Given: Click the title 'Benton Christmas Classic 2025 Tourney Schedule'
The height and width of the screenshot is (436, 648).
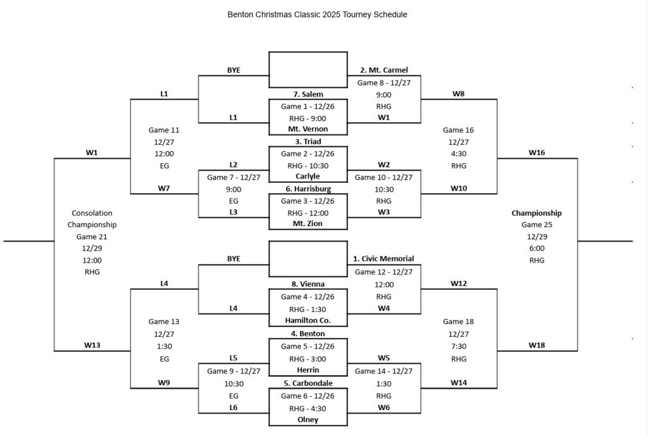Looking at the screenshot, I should [317, 15].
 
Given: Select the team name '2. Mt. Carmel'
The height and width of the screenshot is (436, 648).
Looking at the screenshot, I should [383, 70].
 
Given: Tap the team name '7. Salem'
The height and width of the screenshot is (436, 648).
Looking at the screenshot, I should [308, 94].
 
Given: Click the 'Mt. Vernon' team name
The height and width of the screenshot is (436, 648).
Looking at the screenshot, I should [308, 129].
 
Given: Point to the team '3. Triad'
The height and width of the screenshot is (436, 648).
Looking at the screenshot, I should [308, 142].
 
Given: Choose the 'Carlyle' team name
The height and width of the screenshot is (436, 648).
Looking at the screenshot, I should [308, 177].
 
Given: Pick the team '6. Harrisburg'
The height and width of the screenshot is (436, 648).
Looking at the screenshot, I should [308, 189].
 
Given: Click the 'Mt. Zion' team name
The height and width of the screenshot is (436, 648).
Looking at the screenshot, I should [308, 223].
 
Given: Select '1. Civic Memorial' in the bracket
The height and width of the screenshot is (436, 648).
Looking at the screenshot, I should [383, 259].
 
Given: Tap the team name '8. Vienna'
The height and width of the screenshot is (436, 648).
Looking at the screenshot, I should [308, 284].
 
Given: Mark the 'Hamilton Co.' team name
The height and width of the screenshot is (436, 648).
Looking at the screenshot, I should [308, 321].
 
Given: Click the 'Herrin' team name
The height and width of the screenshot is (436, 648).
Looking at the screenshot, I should [308, 370].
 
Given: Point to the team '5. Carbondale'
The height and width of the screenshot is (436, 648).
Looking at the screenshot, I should [308, 383].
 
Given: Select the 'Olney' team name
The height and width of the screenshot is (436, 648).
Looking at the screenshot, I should [308, 420].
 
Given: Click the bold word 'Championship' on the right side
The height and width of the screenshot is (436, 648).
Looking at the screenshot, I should [537, 213].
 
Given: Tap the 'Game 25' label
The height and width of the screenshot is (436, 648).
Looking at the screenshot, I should [537, 225].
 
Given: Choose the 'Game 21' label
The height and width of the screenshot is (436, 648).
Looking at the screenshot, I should [92, 237].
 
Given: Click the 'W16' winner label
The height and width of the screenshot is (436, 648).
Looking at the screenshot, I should [537, 153].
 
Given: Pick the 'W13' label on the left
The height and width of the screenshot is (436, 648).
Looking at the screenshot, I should [92, 346].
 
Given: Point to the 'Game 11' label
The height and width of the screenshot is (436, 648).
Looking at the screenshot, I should [164, 130].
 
